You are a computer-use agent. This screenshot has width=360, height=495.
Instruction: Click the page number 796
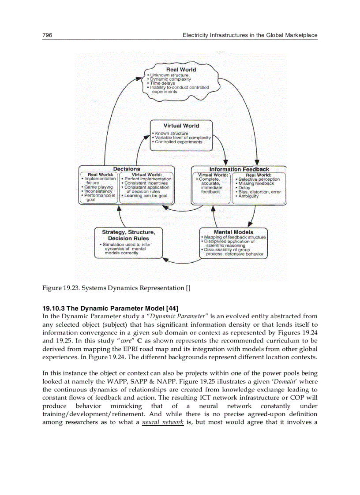(x=47, y=35)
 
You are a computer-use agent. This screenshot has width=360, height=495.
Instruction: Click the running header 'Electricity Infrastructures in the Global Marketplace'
(x=250, y=35)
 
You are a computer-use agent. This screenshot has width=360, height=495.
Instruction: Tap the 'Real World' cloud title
(x=181, y=70)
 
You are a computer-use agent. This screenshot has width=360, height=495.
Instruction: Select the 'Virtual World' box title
(x=181, y=126)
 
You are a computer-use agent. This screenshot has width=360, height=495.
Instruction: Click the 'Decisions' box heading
(x=127, y=169)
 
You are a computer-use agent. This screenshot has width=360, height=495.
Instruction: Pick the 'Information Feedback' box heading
(x=239, y=169)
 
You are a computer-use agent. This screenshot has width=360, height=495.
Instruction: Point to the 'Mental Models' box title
(x=233, y=232)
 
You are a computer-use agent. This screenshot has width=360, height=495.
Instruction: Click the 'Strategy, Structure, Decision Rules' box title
(x=128, y=235)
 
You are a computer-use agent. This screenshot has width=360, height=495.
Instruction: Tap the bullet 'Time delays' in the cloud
(x=162, y=83)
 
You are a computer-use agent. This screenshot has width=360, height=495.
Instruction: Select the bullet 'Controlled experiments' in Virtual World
(x=178, y=142)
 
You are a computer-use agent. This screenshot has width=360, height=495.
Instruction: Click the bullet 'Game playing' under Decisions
(x=98, y=187)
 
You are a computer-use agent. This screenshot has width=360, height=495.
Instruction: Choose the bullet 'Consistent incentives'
(x=146, y=183)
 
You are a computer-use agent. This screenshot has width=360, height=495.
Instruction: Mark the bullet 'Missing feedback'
(x=256, y=183)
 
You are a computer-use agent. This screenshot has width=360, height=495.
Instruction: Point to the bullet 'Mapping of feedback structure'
(x=234, y=237)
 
